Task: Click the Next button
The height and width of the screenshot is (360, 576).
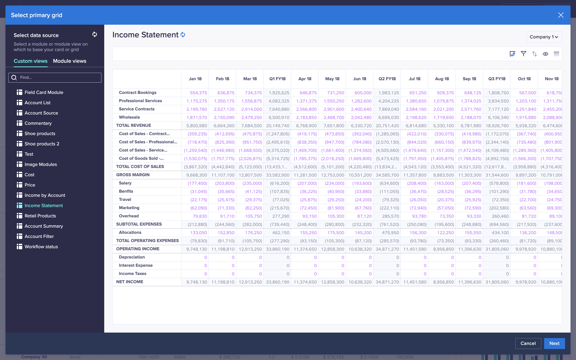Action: (x=554, y=343)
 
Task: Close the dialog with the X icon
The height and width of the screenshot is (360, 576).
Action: (x=561, y=15)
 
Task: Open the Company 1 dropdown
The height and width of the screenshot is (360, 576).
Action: (x=544, y=37)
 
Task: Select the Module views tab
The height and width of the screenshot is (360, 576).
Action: (x=70, y=61)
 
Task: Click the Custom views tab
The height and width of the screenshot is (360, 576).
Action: (x=31, y=61)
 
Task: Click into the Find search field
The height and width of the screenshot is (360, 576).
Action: (x=58, y=77)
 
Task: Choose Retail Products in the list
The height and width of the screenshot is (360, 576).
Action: (x=40, y=216)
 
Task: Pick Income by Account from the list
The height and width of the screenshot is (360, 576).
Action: (x=45, y=195)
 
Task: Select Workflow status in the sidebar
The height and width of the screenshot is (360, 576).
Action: (x=41, y=247)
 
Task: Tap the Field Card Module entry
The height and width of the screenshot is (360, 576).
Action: (x=44, y=92)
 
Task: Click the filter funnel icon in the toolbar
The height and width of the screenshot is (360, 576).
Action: (x=523, y=54)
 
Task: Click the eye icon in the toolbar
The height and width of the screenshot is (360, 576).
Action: (x=545, y=54)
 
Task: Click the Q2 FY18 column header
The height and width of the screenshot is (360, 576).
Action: (x=387, y=79)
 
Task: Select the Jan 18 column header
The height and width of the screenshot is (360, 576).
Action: (x=195, y=79)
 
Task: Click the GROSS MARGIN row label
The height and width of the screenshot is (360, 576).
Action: (x=133, y=175)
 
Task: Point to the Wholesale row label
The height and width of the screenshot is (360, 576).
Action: (x=129, y=117)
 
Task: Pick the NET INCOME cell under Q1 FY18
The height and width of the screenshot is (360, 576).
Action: (x=278, y=282)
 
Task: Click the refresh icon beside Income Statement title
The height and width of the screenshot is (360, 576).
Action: (x=183, y=35)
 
